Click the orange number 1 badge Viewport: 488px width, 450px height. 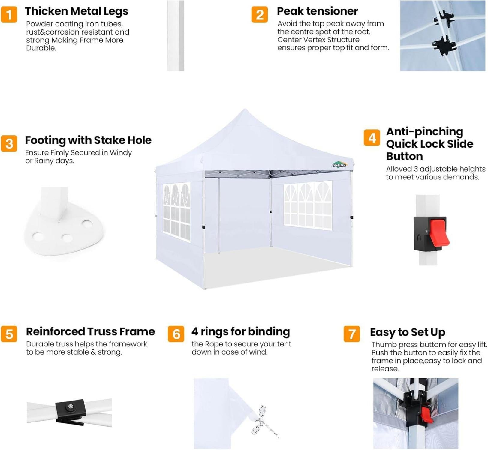coord(9,15)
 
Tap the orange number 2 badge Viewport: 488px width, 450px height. coord(260,15)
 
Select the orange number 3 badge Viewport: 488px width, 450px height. coord(9,143)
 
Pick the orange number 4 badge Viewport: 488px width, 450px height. coord(372,138)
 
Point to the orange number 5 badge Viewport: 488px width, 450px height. coord(9,334)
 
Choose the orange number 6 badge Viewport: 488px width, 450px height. coord(176,334)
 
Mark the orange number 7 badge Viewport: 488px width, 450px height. coord(352,334)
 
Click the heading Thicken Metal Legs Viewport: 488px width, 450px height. coord(77,11)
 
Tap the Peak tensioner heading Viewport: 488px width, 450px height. coord(317,11)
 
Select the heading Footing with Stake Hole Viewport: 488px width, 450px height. coord(88,140)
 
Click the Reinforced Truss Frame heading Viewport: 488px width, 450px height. coord(90,331)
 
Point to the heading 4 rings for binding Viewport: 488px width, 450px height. coord(241,332)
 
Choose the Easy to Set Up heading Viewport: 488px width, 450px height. coord(408,332)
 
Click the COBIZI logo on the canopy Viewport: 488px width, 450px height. coord(339,165)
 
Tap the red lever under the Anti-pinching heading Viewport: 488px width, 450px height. coord(439,232)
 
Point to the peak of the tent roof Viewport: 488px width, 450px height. coord(245,110)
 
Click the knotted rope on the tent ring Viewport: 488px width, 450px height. coord(264,421)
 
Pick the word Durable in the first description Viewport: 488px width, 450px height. coord(41,48)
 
